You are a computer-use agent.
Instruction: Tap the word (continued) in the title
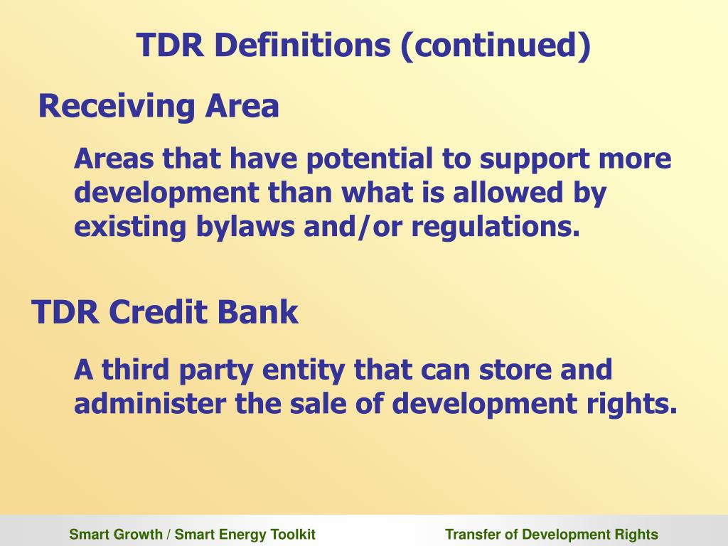pyautogui.click(x=496, y=47)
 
